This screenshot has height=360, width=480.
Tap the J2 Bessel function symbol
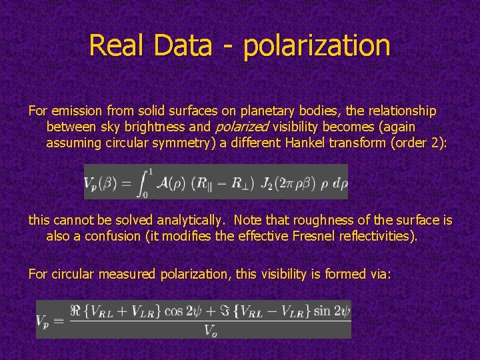(267, 181)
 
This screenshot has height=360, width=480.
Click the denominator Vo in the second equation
(209, 329)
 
